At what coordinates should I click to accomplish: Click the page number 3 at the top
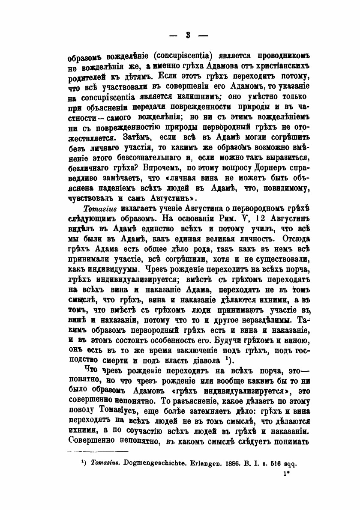point(182,34)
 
